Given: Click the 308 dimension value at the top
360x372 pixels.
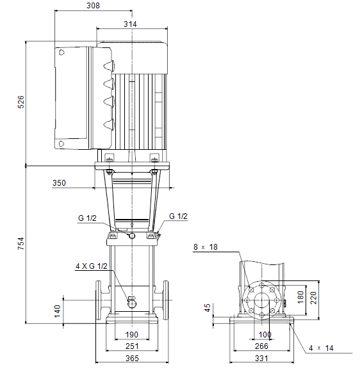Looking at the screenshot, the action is [x=93, y=6].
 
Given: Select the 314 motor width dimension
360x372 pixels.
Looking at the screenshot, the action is [x=130, y=24].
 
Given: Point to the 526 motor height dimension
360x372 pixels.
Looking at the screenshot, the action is [x=21, y=102].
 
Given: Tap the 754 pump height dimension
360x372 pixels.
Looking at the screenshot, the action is [x=21, y=243].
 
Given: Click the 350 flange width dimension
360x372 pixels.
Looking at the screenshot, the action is [x=59, y=183].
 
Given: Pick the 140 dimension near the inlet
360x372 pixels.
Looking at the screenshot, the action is [x=58, y=311].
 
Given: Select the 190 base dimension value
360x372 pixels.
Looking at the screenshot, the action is [x=132, y=334].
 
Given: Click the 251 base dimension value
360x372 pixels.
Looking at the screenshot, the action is [x=132, y=346].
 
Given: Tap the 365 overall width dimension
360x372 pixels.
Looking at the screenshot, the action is [x=132, y=358].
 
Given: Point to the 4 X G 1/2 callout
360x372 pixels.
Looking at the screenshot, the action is [x=92, y=266].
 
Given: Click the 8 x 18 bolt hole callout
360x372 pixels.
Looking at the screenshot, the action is [x=206, y=247].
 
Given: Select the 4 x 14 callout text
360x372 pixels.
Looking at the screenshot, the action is [x=321, y=348].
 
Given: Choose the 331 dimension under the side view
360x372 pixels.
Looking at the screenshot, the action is [x=261, y=358].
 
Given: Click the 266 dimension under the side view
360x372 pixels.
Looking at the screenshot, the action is [x=261, y=346].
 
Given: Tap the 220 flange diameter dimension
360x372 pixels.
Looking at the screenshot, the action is [x=313, y=298].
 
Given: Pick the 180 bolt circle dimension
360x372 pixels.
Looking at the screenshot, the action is [x=300, y=297].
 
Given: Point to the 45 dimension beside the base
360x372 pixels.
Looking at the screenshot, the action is [x=207, y=308].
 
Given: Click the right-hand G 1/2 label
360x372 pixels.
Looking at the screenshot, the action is [x=178, y=216].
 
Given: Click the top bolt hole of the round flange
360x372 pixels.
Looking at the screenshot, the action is [x=262, y=286].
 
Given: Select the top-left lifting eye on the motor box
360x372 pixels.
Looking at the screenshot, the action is [x=61, y=53].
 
